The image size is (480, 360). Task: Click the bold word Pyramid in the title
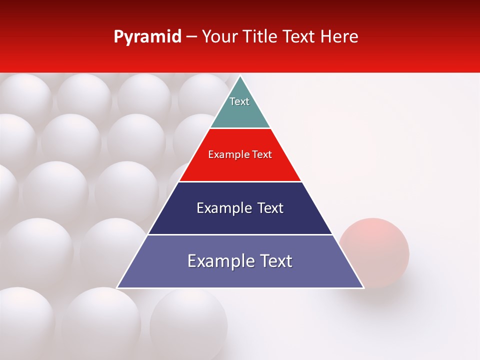click(x=147, y=37)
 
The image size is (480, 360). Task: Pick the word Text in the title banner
click(x=300, y=36)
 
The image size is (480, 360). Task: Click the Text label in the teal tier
click(x=239, y=101)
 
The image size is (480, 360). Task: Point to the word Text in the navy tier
click(x=267, y=208)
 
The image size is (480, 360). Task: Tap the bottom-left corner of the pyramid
click(x=117, y=287)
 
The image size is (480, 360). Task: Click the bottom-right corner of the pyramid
click(x=363, y=287)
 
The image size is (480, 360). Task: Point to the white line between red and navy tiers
click(x=240, y=181)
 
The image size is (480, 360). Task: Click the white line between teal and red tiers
click(x=240, y=128)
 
